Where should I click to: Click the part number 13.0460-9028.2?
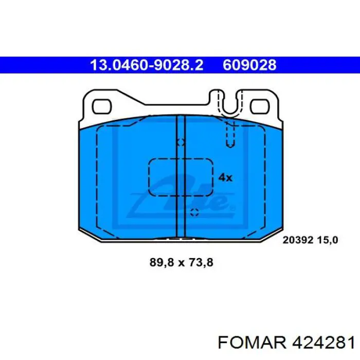pyautogui.click(x=147, y=65)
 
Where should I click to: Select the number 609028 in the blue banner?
pyautogui.click(x=249, y=65)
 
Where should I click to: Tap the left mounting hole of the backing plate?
pyautogui.click(x=102, y=107)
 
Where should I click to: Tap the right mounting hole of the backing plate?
pyautogui.click(x=260, y=107)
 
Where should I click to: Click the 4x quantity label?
pyautogui.click(x=225, y=177)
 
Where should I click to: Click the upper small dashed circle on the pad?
pyautogui.click(x=181, y=142)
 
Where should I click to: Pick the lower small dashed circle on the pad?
pyautogui.click(x=194, y=212)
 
